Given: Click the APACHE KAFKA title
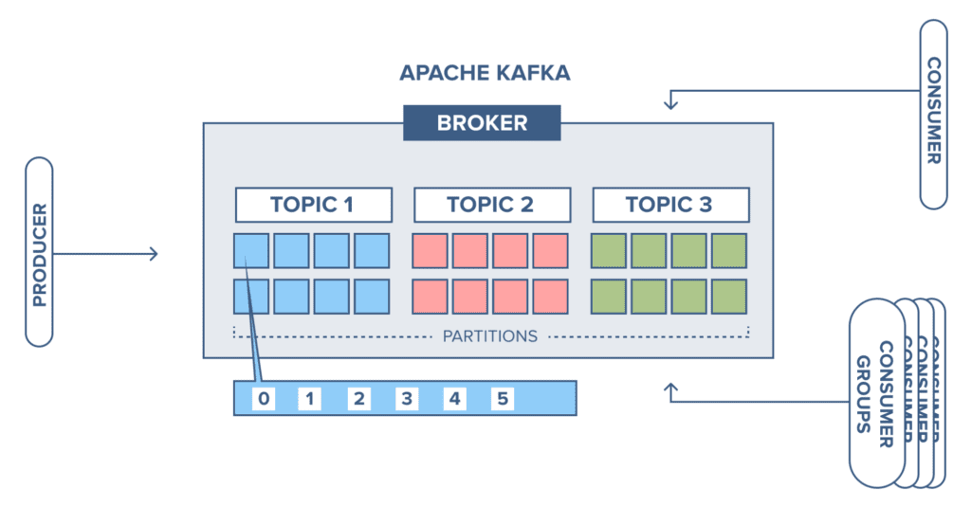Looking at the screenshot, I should (x=485, y=73).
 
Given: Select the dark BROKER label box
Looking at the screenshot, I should (x=482, y=123).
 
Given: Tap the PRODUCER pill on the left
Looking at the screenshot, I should (x=39, y=251).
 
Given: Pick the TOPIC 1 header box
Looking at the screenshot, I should (x=313, y=205).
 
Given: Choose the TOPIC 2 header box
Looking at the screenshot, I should (x=491, y=205).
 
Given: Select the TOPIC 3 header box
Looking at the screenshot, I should (x=669, y=205).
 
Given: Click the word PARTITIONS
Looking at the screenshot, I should (x=489, y=335).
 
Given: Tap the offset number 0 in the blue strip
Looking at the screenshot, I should (x=264, y=399).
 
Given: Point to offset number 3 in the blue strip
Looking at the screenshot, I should (x=407, y=399).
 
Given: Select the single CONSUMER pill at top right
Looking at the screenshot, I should (x=933, y=114).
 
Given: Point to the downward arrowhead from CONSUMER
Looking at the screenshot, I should (x=671, y=102).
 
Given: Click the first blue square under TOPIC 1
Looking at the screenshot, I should (x=252, y=250).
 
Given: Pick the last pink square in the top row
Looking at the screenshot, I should (x=550, y=250).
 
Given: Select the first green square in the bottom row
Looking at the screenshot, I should (x=609, y=297).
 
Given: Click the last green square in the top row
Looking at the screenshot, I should (x=729, y=250).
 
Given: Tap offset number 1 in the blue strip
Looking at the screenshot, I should (x=310, y=399).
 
